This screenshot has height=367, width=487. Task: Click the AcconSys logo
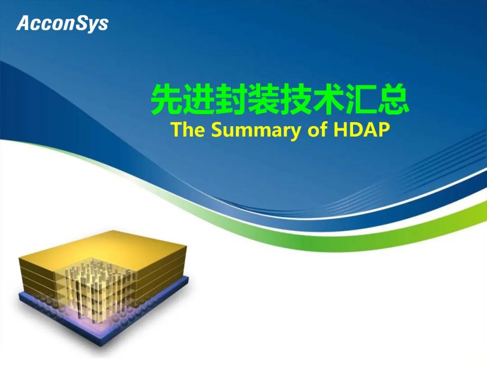62,23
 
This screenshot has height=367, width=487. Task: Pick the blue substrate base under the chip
102,314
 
